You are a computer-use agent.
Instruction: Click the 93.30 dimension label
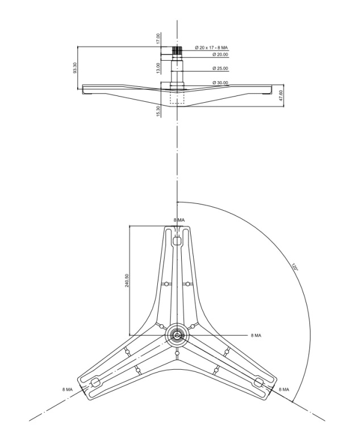coord(75,68)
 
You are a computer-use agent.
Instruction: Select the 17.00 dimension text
coord(158,39)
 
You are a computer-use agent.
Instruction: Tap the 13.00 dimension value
coord(158,68)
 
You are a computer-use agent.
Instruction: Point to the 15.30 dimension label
coord(158,111)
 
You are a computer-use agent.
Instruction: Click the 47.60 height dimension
coord(281,95)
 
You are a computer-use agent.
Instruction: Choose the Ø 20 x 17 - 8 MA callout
coord(211,48)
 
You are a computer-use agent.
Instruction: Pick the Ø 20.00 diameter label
coord(220,55)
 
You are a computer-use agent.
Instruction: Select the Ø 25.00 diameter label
coord(220,69)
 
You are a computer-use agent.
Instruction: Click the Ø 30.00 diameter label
coord(220,82)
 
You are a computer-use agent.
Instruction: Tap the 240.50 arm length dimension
coord(127,281)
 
